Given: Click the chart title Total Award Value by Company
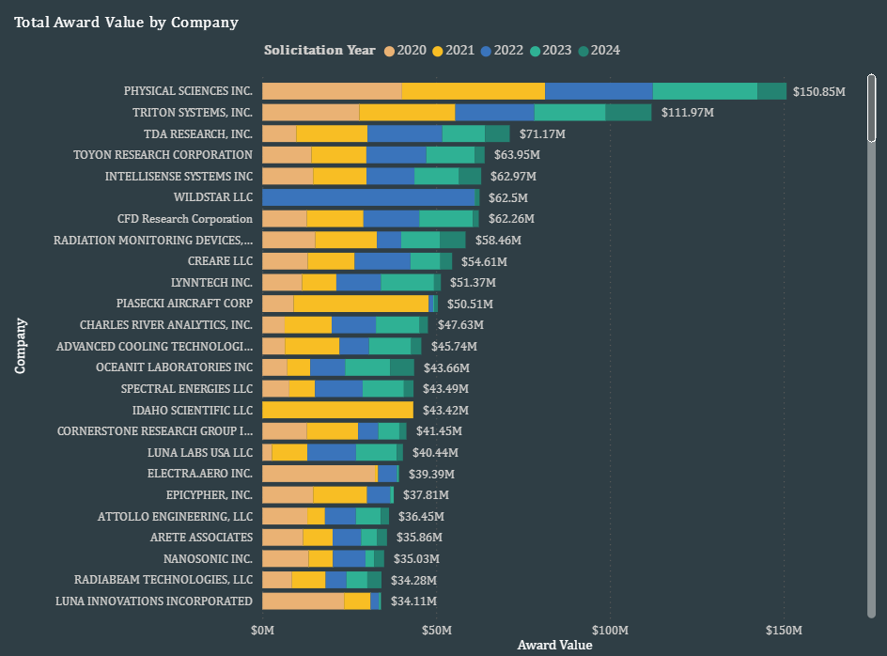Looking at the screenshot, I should [126, 22].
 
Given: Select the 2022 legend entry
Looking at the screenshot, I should [503, 50].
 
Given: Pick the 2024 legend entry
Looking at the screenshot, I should [599, 50].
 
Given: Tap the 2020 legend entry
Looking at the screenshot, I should [405, 50].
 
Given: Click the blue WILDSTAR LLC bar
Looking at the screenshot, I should [369, 197].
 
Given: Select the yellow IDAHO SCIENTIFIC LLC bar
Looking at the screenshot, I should [337, 410].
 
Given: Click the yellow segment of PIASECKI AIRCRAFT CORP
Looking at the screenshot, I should [361, 304].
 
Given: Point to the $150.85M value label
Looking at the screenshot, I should [819, 91].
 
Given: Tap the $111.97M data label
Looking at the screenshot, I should [687, 113].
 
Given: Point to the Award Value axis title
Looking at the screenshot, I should [554, 646].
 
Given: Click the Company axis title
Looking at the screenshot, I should [20, 346].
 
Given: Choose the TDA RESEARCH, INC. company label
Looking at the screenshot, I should [197, 133].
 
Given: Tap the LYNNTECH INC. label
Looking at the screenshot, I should [211, 282].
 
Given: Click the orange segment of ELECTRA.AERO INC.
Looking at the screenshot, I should [319, 474].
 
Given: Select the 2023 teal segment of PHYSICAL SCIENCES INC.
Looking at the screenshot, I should [705, 91].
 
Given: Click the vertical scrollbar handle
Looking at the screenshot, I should [871, 108].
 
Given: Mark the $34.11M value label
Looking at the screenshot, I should [413, 601].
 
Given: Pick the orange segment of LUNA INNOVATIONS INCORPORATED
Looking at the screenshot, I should [303, 601].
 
